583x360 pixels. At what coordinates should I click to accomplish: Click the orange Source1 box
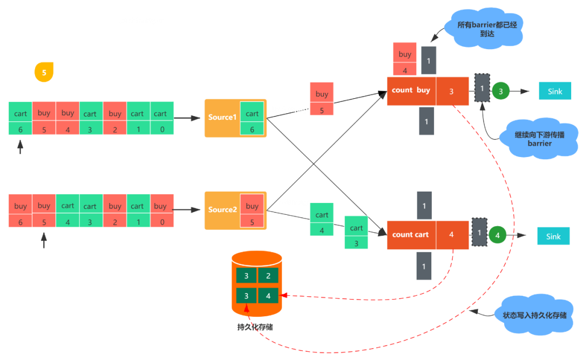click(222, 118)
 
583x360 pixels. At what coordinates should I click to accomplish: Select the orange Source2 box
click(222, 210)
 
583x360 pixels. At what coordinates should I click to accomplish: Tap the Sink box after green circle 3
click(555, 91)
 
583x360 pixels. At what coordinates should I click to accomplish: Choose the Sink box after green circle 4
click(553, 236)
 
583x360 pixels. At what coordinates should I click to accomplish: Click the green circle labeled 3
click(500, 91)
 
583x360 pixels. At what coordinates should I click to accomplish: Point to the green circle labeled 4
click(497, 236)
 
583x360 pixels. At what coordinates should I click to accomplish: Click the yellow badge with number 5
click(44, 72)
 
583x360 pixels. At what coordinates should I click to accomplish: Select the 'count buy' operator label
click(411, 91)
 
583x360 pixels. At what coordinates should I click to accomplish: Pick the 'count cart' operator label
click(410, 235)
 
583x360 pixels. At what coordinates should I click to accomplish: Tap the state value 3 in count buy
click(452, 91)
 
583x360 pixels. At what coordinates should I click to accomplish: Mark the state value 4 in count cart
click(451, 235)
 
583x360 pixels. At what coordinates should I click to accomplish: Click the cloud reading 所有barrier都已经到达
click(483, 29)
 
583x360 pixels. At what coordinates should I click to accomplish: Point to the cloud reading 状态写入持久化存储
click(534, 315)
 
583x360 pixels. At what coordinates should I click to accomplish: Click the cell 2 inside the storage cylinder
click(268, 276)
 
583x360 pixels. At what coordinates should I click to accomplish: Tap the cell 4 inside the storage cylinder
click(268, 296)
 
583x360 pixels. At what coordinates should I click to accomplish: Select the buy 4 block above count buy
click(405, 59)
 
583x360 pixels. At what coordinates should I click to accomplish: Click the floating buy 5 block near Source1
click(322, 99)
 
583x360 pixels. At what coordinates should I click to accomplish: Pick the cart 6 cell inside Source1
click(252, 118)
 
